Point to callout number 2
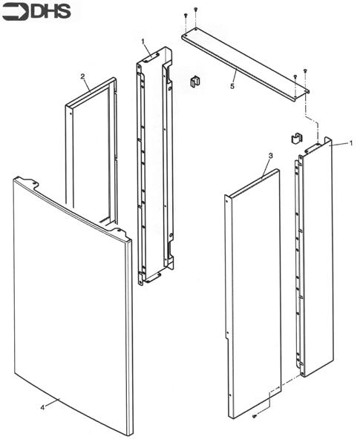pyautogui.click(x=82, y=76)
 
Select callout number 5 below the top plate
pyautogui.click(x=232, y=86)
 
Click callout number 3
pyautogui.click(x=270, y=155)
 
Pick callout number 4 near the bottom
pyautogui.click(x=42, y=406)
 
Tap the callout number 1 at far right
pyautogui.click(x=350, y=142)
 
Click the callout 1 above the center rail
pyautogui.click(x=143, y=40)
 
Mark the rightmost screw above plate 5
pyautogui.click(x=305, y=71)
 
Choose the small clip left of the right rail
pyautogui.click(x=295, y=138)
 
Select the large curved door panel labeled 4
pyautogui.click(x=71, y=304)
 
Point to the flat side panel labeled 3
pyautogui.click(x=252, y=297)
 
